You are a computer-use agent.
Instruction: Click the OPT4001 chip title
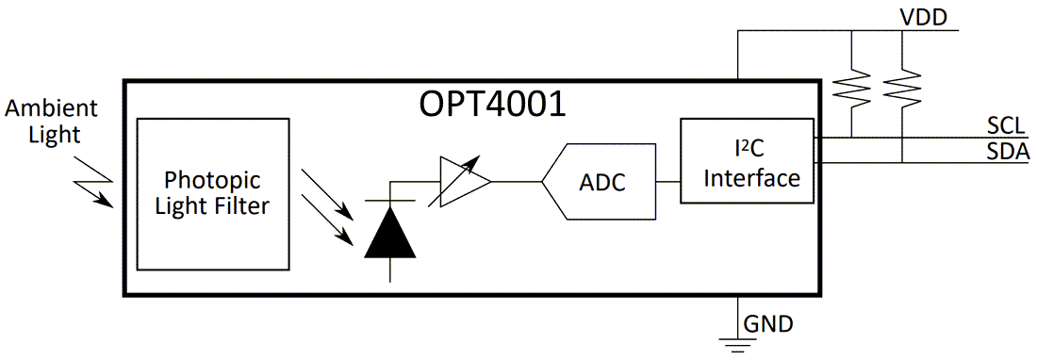(492, 103)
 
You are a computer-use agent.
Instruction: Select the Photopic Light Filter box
(212, 193)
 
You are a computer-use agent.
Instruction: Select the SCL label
(1005, 126)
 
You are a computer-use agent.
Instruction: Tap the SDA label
(1006, 153)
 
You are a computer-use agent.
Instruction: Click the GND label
(767, 324)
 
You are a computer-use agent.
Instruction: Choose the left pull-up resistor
(851, 90)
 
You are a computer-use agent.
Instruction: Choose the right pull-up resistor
(902, 90)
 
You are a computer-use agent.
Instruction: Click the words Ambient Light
(43, 122)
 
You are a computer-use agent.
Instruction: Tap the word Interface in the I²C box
(752, 177)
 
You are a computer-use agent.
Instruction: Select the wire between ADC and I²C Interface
(668, 181)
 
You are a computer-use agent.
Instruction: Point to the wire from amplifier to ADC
(516, 181)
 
